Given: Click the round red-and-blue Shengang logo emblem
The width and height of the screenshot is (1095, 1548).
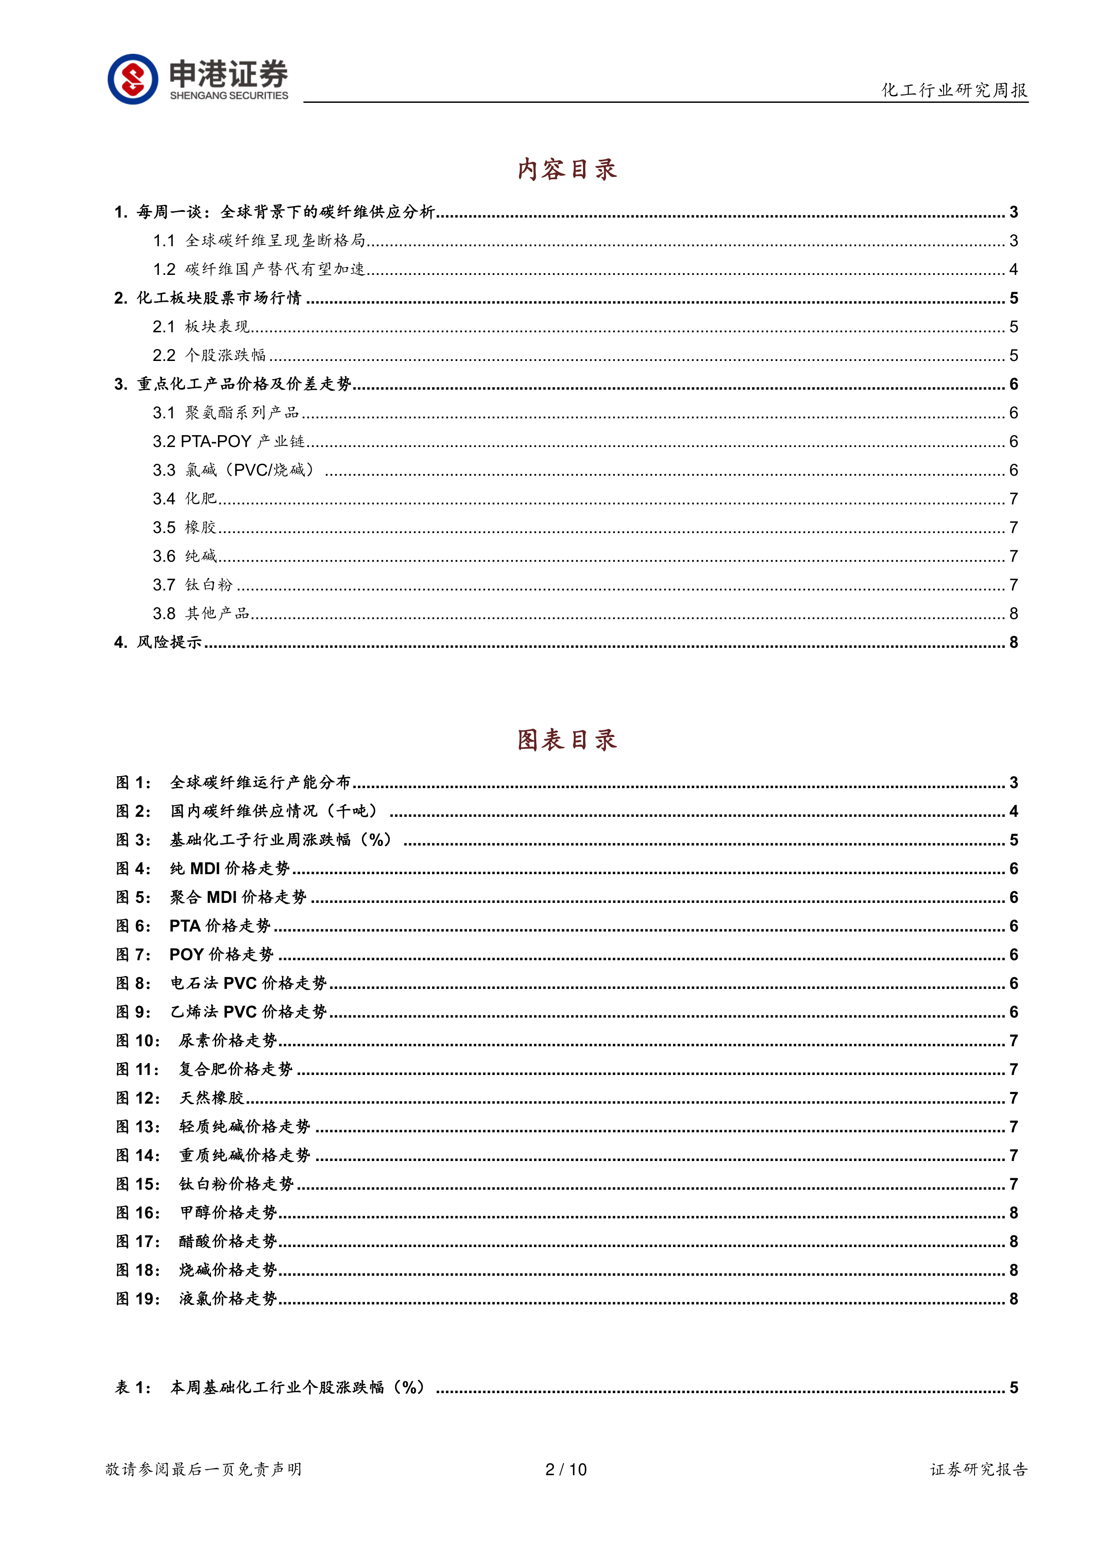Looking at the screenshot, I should [133, 79].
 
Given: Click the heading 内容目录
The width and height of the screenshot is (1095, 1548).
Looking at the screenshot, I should [567, 169].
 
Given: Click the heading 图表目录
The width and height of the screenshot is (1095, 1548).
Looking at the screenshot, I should [567, 740].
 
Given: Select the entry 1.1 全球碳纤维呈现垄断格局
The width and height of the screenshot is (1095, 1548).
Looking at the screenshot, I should [260, 240].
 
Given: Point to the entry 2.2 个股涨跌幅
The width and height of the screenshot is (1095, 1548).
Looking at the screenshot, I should [210, 355].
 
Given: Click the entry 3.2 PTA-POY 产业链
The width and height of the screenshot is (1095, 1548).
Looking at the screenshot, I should [229, 442].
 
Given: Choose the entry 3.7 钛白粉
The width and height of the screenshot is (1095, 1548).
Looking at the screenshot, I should [193, 585].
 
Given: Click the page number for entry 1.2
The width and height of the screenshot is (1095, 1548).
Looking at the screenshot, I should [1013, 270].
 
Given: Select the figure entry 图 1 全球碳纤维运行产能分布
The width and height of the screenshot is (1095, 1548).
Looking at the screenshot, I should [234, 783].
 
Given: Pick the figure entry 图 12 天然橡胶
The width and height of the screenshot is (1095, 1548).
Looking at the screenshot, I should [181, 1098].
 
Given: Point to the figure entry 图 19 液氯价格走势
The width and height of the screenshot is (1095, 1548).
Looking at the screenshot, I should [197, 1299].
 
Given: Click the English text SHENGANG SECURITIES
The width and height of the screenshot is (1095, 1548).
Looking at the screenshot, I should [229, 96].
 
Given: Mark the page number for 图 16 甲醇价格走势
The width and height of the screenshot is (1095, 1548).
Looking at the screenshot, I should [1013, 1213].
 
